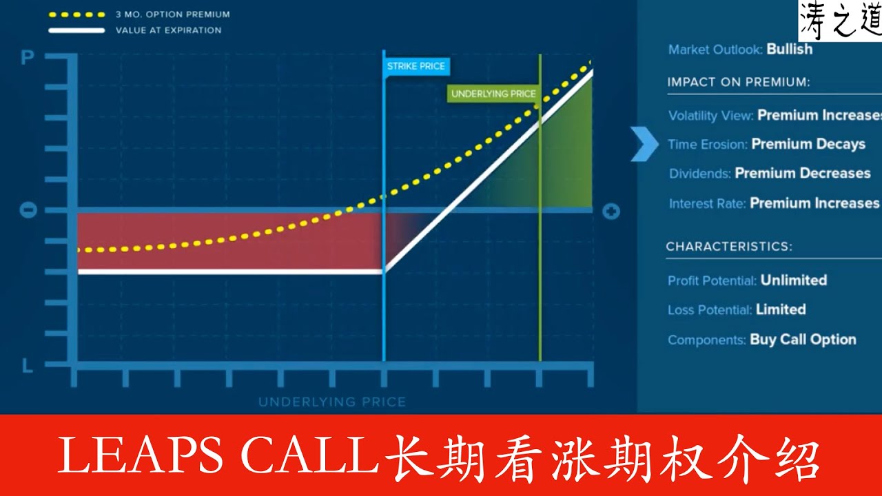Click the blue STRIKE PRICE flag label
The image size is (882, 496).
pos(416,66)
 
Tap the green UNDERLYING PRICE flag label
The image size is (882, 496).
pos(493,94)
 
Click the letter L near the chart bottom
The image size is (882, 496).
pos(28,366)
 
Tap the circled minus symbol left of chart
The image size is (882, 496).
pos(28,210)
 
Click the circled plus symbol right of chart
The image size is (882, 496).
pos(611,211)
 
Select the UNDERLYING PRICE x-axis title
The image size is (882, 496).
pos(332,402)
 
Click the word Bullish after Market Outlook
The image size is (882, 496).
pos(790,50)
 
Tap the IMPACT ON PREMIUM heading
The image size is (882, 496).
pos(739,82)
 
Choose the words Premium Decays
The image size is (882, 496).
pos(808,144)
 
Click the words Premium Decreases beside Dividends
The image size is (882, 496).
pos(803,173)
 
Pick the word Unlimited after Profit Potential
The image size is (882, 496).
pos(794,280)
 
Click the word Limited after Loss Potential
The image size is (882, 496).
pos(781,309)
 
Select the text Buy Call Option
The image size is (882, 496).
pos(803,339)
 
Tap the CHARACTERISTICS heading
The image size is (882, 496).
pos(729,246)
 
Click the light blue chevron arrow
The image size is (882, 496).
pos(645,144)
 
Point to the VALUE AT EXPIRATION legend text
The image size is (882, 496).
pos(168,30)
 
